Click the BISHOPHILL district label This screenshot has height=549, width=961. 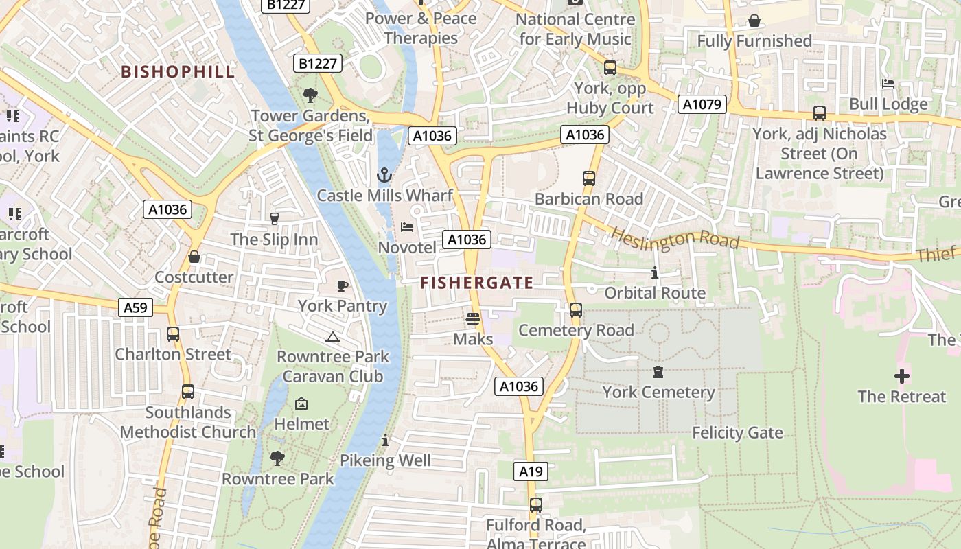(178, 71)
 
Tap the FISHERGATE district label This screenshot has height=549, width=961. (476, 283)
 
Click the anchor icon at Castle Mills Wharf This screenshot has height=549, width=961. (384, 175)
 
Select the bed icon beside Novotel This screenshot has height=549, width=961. (407, 227)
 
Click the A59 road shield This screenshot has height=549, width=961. (135, 307)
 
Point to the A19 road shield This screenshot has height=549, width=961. (531, 471)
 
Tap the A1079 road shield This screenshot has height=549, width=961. (702, 104)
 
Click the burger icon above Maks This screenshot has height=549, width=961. (472, 319)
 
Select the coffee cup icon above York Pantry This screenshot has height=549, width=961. (343, 285)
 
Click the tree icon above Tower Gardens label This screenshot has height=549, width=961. (310, 95)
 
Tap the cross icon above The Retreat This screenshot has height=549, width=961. (901, 376)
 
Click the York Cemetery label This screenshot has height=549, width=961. (658, 393)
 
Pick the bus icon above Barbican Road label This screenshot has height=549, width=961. (588, 178)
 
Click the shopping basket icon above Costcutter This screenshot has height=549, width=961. (194, 257)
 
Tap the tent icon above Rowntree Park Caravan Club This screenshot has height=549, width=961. (333, 337)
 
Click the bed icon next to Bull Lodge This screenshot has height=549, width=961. (888, 84)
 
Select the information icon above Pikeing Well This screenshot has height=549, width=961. (385, 440)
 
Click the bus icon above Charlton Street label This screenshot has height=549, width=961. (173, 334)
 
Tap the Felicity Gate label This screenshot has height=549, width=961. (737, 433)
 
